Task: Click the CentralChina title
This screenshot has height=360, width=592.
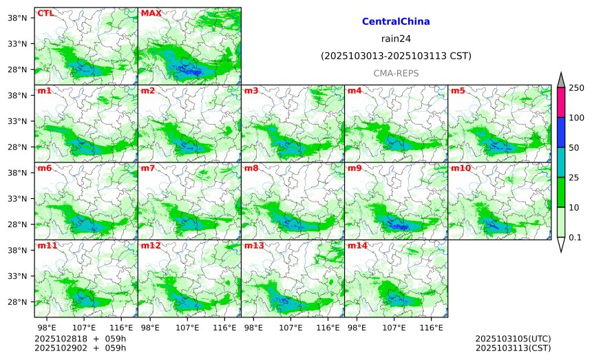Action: [396, 22]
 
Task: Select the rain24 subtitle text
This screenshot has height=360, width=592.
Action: [396, 39]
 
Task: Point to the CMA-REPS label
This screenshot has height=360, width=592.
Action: [396, 73]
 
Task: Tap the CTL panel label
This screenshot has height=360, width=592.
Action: [45, 13]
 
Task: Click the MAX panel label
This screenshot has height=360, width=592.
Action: [151, 13]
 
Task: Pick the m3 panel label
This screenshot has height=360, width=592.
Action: [251, 91]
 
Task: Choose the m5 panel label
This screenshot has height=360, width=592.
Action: [458, 91]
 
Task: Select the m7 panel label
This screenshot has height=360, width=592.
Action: [148, 168]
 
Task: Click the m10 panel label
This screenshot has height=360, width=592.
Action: [461, 168]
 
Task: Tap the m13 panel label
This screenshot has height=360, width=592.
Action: [254, 246]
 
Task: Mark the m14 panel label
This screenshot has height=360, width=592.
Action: [357, 246]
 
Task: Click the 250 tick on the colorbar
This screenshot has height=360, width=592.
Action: [576, 88]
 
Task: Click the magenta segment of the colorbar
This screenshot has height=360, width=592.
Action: [560, 103]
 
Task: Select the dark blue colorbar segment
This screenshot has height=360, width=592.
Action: [560, 132]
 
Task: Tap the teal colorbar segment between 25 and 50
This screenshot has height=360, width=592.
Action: [560, 162]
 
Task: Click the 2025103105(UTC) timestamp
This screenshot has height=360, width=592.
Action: [513, 339]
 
